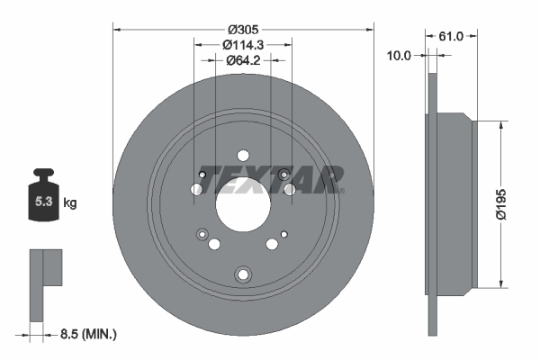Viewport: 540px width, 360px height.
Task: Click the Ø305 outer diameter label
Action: pyautogui.click(x=243, y=30)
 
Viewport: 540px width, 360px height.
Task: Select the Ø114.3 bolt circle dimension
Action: pyautogui.click(x=243, y=45)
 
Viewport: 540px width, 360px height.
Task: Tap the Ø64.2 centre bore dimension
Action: pyautogui.click(x=243, y=60)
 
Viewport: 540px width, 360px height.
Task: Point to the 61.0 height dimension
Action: pyautogui.click(x=451, y=36)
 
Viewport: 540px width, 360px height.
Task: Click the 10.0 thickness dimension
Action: pyautogui.click(x=399, y=55)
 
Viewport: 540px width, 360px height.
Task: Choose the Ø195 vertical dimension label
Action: pyautogui.click(x=501, y=204)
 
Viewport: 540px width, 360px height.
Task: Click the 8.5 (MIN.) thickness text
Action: pyautogui.click(x=88, y=334)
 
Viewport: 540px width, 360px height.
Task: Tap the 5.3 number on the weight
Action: pyautogui.click(x=43, y=202)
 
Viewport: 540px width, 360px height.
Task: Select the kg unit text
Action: pyautogui.click(x=70, y=202)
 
